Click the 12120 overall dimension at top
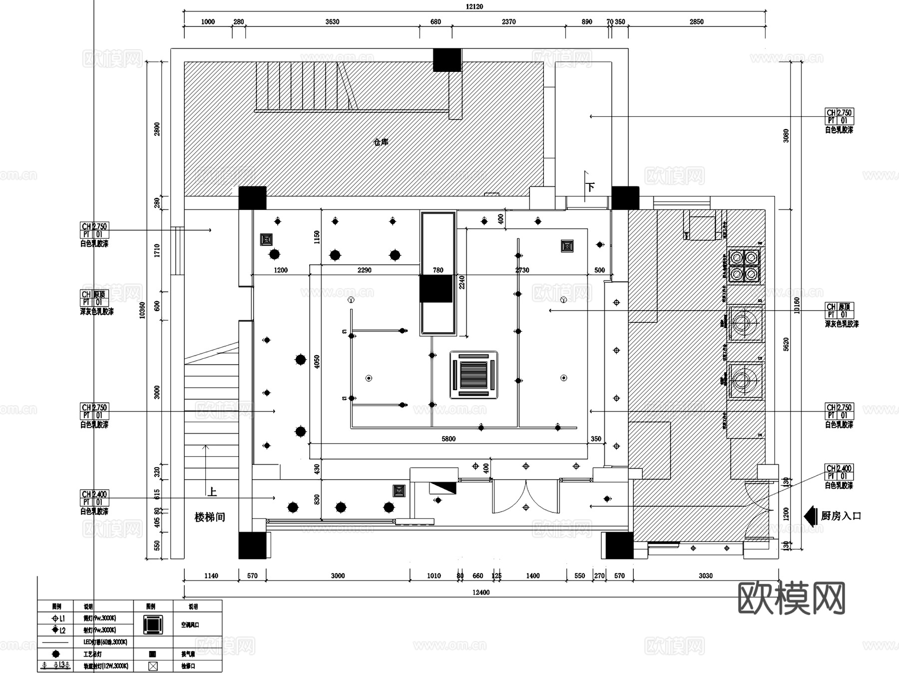point(474,6)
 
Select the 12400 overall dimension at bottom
point(480,592)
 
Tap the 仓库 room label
point(381,142)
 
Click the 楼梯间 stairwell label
point(210,517)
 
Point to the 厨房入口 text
point(841,516)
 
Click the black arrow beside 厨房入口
point(810,516)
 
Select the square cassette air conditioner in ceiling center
point(473,375)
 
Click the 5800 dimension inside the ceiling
point(449,439)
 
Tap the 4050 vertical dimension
point(317,362)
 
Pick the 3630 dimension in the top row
point(332,21)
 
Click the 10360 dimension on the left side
point(142,310)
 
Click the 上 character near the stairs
point(212,492)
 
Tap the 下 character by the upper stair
point(591,188)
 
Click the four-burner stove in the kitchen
point(744,265)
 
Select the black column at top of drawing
point(447,60)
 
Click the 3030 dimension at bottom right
point(705,576)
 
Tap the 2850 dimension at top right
point(696,21)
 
